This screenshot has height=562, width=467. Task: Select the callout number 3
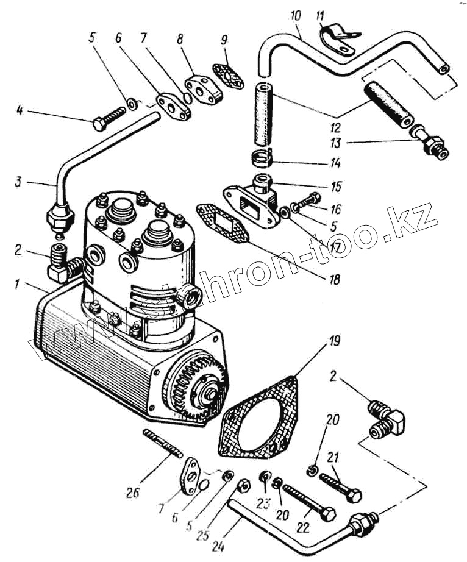(x=20, y=181)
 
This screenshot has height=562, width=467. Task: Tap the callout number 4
(x=20, y=111)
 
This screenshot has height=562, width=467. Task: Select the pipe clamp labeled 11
(x=338, y=40)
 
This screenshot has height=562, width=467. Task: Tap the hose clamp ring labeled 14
(x=263, y=158)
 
